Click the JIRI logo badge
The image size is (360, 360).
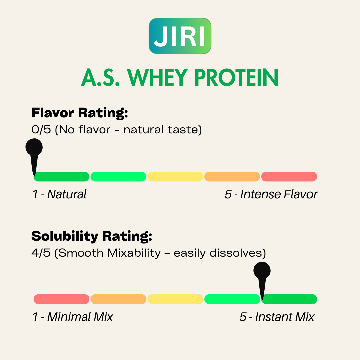[180, 36]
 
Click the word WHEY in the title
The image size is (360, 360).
[157, 78]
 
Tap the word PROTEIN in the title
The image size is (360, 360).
[236, 78]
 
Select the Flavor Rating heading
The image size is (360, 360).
[80, 113]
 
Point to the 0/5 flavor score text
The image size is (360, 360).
[41, 129]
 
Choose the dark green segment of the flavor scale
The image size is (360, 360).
[62, 177]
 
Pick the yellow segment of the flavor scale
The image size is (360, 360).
[175, 177]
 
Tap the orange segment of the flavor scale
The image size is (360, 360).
[232, 177]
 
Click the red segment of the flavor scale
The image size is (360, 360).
[289, 177]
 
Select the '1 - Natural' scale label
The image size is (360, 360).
[59, 194]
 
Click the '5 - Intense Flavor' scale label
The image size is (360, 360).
[271, 194]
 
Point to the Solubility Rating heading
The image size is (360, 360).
[92, 236]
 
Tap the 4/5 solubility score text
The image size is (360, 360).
[41, 253]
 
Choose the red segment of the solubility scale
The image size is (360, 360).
[62, 299]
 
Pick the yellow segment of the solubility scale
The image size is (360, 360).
[175, 299]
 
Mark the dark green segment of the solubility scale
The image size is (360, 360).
[289, 299]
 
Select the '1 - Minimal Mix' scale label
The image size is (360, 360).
[73, 317]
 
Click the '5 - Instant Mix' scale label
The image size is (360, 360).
[277, 317]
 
